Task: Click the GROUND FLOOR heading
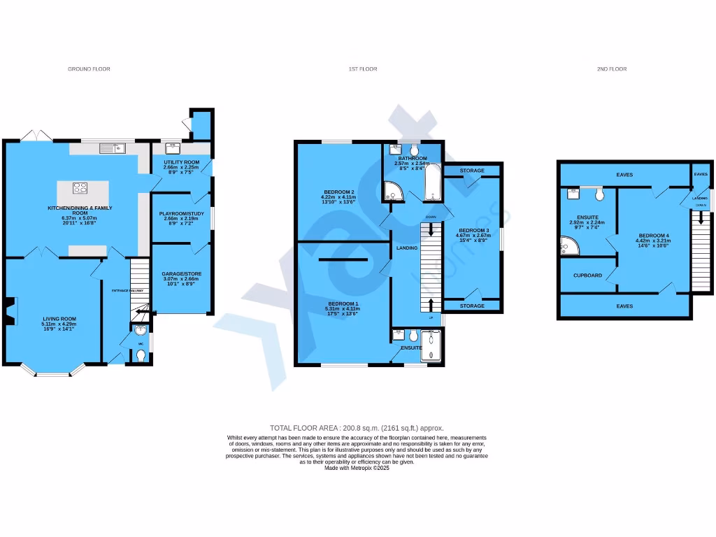point(89,69)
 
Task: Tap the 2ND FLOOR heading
point(611,69)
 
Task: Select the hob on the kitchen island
point(80,187)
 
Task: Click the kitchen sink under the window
point(111,148)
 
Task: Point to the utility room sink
point(172,148)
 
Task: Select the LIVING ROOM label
point(59,319)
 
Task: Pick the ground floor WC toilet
point(141,356)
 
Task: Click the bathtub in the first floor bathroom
point(431,182)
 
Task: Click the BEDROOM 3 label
point(473,230)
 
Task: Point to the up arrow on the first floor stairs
point(430,303)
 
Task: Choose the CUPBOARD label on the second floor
point(587,275)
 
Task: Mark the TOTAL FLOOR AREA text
point(357,428)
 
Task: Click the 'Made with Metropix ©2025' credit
point(357,468)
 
